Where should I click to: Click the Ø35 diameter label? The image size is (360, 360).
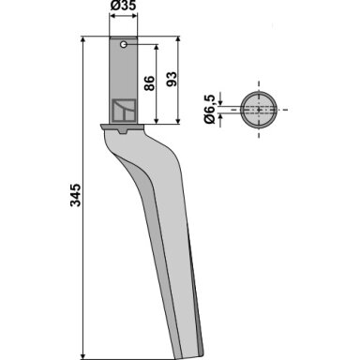124,6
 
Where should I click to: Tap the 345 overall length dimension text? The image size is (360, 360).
75,195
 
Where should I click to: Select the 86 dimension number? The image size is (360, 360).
149,83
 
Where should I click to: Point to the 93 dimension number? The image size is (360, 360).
172,80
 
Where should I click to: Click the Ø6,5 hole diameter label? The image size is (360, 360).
210,109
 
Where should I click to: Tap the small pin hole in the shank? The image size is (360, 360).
124,44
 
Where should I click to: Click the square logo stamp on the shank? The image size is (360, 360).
124,111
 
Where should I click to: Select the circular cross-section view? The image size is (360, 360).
259,110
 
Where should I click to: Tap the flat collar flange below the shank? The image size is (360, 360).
122,127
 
